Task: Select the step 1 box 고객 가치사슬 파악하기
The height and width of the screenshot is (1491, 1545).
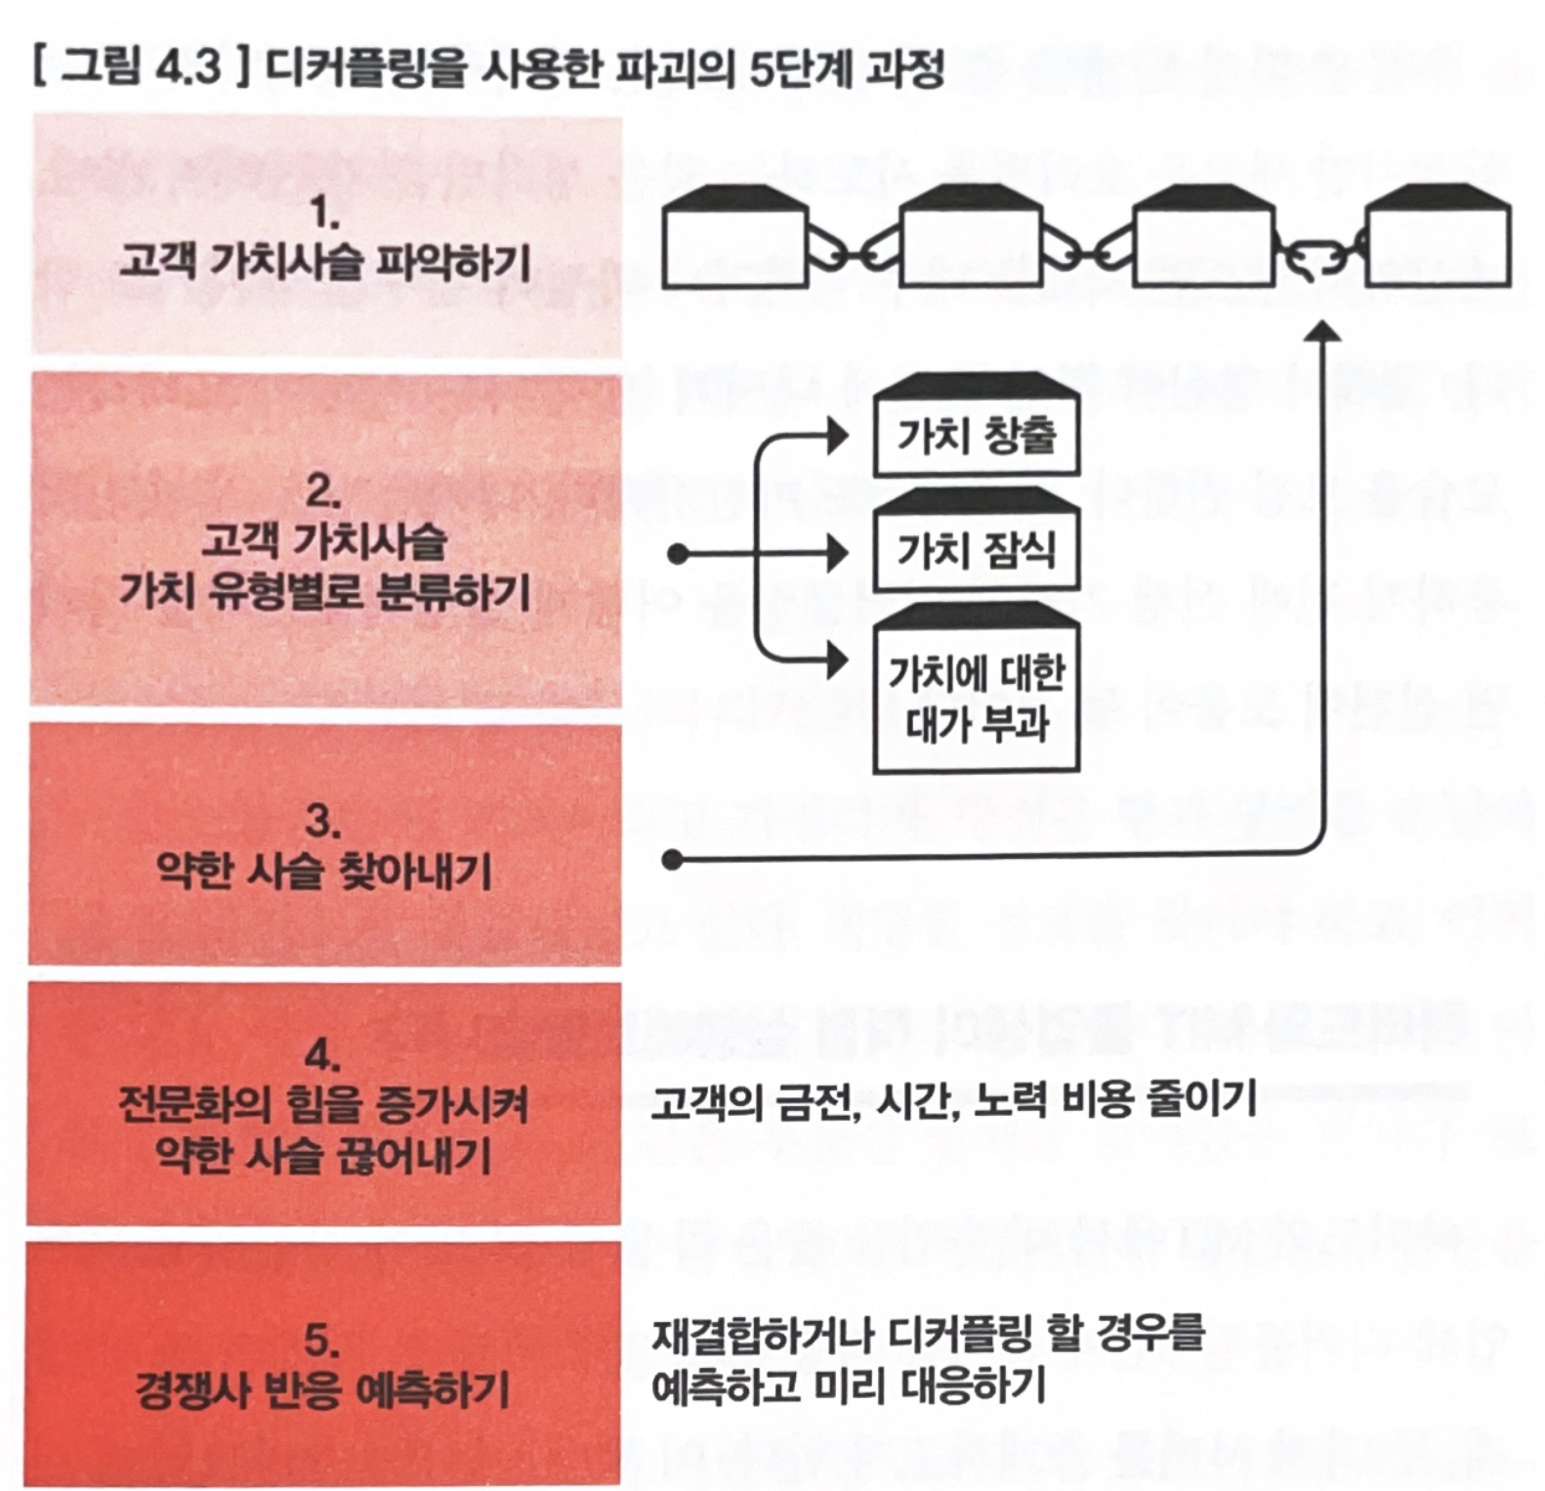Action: coord(327,234)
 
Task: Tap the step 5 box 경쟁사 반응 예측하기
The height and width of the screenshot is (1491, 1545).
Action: coord(323,1364)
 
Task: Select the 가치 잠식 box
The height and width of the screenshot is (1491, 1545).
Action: coord(976,539)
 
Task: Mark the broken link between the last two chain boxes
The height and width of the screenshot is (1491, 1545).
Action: coord(1319,258)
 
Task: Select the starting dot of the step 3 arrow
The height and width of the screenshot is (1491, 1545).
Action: coord(672,860)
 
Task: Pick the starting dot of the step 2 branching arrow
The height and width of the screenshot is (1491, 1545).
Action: coord(678,555)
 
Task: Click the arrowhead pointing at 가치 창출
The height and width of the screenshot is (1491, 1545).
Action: coord(837,436)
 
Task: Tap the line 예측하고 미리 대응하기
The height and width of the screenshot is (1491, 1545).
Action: coord(849,1385)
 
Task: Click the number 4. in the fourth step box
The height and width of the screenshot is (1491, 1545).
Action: coord(323,1056)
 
